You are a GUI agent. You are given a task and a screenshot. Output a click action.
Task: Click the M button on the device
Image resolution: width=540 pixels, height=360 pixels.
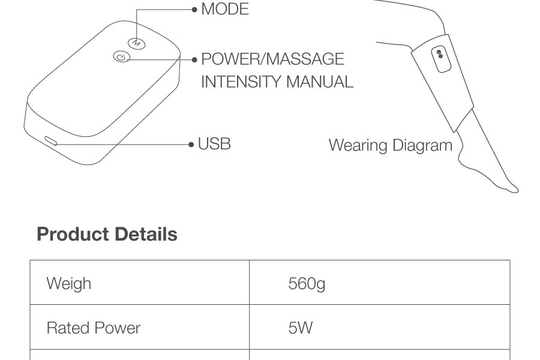tap(136, 43)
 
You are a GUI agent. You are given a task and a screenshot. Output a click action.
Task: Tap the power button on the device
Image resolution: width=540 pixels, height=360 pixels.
tap(121, 58)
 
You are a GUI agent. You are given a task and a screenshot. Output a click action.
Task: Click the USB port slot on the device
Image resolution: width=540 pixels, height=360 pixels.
tap(50, 142)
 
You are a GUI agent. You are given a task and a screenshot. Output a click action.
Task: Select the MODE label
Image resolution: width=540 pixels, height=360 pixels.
tap(225, 10)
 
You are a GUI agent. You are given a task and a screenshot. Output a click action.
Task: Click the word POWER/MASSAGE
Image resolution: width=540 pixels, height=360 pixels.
tap(273, 59)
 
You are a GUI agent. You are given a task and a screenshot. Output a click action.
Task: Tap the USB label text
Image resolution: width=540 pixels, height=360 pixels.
tap(214, 144)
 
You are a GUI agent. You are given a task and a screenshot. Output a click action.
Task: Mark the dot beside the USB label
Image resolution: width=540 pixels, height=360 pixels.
tap(191, 145)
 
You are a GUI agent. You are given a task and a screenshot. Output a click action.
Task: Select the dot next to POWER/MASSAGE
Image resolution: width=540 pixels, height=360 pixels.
tap(194, 59)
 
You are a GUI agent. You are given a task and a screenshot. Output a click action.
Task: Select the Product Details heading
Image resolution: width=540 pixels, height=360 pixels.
tap(107, 234)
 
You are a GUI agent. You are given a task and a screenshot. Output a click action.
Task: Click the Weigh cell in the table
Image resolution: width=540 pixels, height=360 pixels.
tap(69, 283)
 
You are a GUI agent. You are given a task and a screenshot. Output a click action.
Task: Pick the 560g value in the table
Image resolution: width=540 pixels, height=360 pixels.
tap(307, 283)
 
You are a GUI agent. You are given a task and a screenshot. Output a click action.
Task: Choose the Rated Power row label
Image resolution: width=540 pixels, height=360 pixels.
tap(94, 328)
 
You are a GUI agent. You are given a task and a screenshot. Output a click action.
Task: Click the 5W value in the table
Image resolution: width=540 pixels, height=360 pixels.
tap(301, 328)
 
